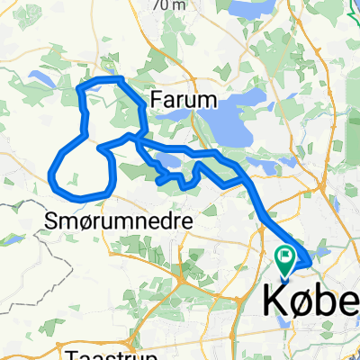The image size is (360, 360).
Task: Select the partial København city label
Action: coord(311,299)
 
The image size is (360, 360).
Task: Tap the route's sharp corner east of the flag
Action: coord(310,262)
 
